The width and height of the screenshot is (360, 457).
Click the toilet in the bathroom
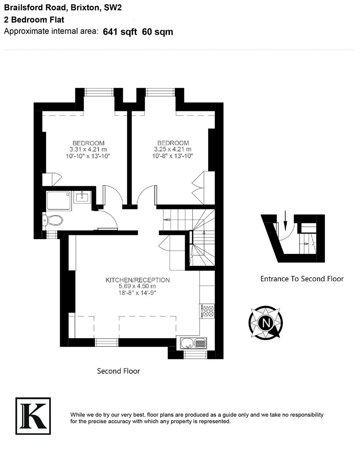(53, 220)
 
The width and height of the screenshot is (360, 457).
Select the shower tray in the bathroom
(58, 200)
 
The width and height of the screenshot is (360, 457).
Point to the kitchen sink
(194, 343)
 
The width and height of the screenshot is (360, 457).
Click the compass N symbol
(266, 323)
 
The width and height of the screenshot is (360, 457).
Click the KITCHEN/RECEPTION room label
(137, 280)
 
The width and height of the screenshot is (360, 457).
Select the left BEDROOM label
(88, 143)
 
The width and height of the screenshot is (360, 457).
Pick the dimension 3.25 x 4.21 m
(173, 149)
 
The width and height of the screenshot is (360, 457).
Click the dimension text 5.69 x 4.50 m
(137, 286)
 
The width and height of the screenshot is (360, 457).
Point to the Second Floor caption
(118, 371)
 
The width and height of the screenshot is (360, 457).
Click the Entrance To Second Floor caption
(302, 279)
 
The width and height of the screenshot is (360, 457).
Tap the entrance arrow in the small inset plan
(285, 219)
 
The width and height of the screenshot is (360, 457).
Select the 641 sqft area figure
(120, 32)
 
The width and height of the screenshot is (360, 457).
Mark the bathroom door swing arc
(111, 219)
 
